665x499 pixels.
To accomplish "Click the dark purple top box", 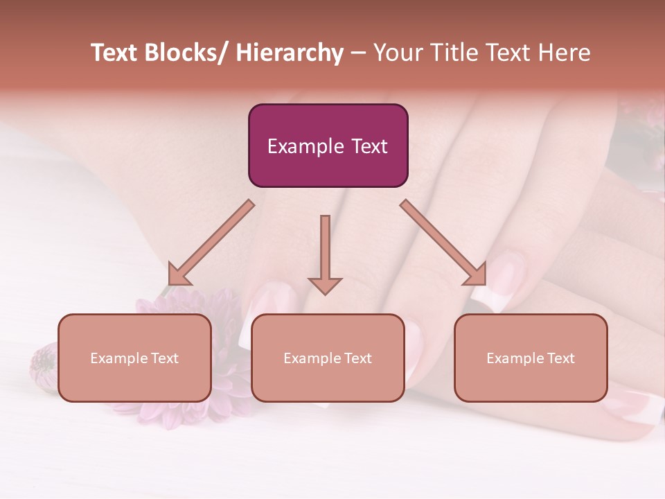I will click(x=328, y=146).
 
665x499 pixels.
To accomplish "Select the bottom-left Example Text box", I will click(x=134, y=358).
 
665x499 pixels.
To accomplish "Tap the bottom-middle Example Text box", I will click(x=328, y=358).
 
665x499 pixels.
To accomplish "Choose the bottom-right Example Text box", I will click(x=531, y=358).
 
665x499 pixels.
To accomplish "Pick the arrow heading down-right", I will click(x=444, y=243).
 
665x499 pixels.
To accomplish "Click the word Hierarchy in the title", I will click(x=290, y=53).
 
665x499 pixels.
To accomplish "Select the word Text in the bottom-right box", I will click(x=560, y=358).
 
